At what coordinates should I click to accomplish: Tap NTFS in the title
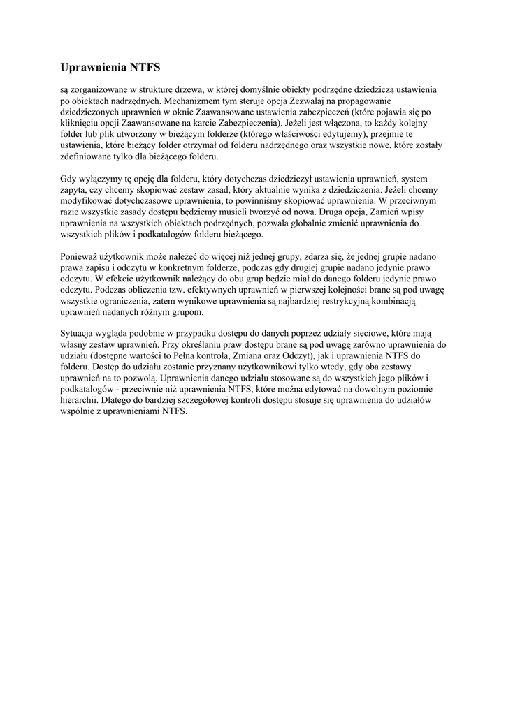pos(145,68)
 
